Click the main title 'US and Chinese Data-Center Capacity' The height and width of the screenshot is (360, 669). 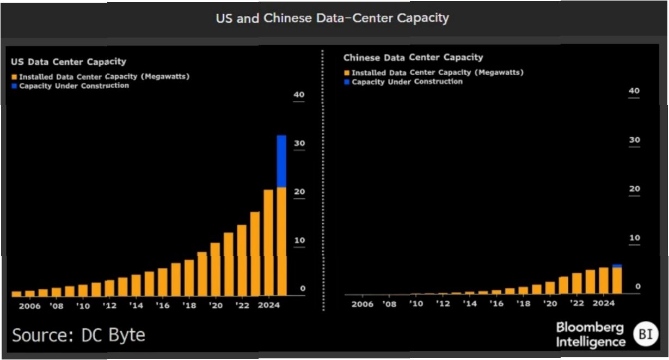pos(332,18)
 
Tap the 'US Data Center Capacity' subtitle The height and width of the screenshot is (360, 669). pos(69,62)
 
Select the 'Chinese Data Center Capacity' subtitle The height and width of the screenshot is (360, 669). pos(413,57)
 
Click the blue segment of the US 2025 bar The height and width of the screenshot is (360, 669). pos(281,161)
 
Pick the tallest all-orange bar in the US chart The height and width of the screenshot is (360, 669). pos(268,242)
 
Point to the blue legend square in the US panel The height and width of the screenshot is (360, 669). pos(14,86)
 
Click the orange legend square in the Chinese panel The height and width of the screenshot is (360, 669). pos(347,73)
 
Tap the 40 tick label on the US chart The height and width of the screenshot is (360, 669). pos(299,95)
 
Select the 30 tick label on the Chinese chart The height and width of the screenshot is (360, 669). pos(634,140)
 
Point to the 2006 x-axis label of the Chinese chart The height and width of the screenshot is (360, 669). pos(363,304)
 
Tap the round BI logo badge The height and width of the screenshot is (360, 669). pos(646,334)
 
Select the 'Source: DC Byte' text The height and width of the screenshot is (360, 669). pos(78,335)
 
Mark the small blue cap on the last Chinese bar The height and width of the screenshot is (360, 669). pos(617,266)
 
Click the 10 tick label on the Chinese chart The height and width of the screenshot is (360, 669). pos(634,238)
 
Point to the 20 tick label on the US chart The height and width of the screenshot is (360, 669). pos(299,192)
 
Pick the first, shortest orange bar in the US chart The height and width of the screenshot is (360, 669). pos(16,294)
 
